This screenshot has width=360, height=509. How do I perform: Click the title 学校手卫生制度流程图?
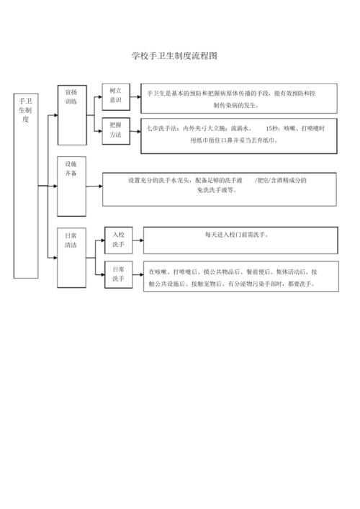175,55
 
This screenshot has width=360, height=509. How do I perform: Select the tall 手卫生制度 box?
26,184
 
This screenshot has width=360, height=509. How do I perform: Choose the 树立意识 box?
115,96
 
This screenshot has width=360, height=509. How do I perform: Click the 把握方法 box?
115,130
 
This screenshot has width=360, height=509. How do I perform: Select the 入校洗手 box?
118,240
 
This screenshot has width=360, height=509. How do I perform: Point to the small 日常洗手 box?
118,273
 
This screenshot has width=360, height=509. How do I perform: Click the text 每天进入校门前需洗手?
240,235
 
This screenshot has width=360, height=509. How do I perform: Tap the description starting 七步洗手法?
238,134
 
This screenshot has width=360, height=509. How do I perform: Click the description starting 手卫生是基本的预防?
238,99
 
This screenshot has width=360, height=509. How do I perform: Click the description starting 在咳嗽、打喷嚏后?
233,278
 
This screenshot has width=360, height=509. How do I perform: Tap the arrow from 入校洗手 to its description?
138,238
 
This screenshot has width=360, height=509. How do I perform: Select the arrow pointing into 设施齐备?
52,186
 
